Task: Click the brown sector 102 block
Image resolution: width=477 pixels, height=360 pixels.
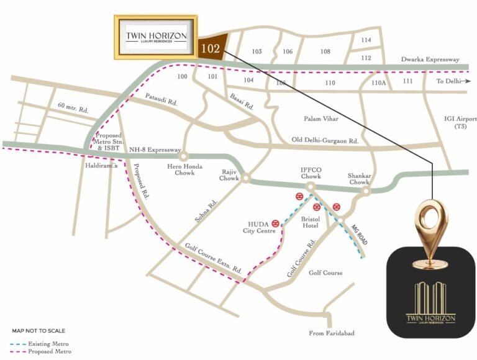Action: point(211,48)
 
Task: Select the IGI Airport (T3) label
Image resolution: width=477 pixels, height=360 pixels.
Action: point(460,122)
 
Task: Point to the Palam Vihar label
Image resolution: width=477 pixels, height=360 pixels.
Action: point(320,118)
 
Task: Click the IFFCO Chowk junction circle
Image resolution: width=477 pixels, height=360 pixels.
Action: point(311,186)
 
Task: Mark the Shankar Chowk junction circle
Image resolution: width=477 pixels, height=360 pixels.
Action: point(366,191)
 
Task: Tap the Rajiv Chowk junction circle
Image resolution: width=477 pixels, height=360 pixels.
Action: point(245,178)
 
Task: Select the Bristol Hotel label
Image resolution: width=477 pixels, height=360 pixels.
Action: point(310,223)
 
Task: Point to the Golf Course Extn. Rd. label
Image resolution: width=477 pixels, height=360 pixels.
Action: point(213,259)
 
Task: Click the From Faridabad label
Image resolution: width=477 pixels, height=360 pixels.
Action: point(332,333)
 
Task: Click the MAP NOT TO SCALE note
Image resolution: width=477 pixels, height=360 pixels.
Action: point(39,331)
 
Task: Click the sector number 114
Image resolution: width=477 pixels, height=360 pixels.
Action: point(366,40)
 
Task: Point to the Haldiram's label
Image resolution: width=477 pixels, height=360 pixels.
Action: point(98,166)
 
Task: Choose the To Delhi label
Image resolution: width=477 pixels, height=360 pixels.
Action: point(449,81)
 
